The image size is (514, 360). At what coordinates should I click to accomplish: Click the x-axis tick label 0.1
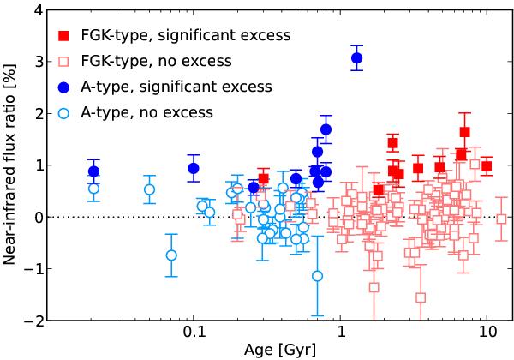tap(194, 334)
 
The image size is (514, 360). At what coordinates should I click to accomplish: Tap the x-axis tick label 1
tap(341, 334)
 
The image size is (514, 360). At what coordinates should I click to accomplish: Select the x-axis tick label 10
tap(487, 334)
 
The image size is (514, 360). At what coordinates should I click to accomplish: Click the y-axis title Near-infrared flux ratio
tap(10, 165)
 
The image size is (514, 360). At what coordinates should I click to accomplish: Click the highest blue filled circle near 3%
tap(357, 57)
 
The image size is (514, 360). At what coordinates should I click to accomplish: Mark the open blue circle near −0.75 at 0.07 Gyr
tap(171, 255)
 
